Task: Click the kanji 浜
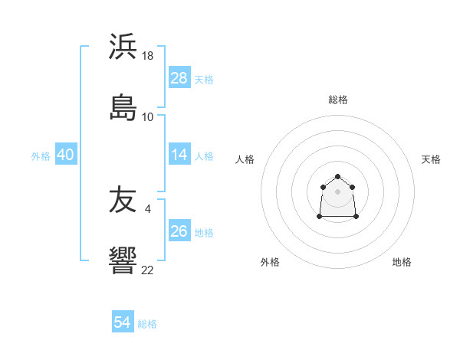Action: (x=123, y=47)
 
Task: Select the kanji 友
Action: (x=123, y=200)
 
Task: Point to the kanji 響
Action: (x=123, y=260)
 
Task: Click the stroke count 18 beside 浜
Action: (x=149, y=57)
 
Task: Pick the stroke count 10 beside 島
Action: (x=148, y=116)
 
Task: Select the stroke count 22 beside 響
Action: (x=148, y=270)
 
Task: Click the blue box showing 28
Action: (x=179, y=78)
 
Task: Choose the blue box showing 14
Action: (x=179, y=155)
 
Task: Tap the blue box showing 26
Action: (x=179, y=231)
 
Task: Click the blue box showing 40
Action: (x=66, y=155)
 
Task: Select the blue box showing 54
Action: (x=123, y=323)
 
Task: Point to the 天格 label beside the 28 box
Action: (x=204, y=79)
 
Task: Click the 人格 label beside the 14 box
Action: (x=204, y=156)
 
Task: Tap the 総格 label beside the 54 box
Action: (x=147, y=324)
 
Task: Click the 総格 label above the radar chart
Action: (x=337, y=100)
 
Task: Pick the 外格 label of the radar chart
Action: (x=270, y=262)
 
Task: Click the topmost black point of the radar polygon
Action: (x=337, y=177)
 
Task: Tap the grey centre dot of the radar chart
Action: (x=337, y=191)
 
